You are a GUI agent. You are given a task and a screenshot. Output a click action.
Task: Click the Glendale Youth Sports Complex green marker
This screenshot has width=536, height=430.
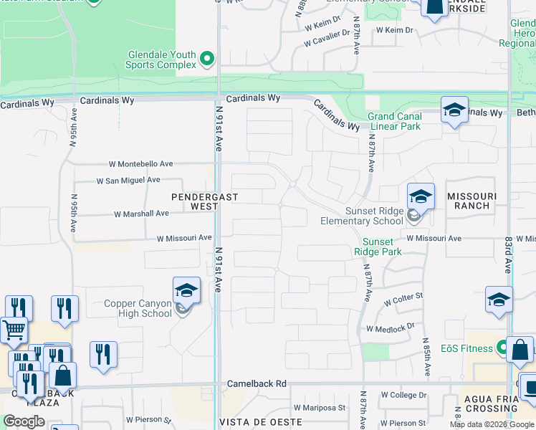pos(208,58)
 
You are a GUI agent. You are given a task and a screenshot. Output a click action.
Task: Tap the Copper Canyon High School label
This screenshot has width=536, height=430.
pos(138,309)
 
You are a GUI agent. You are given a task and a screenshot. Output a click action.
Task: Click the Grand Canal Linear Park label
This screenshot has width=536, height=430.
pos(394,121)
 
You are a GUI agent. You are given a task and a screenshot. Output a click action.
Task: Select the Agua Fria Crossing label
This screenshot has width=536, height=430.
pos(491,403)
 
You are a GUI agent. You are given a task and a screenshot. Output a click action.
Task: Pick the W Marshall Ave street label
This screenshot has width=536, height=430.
pos(141,214)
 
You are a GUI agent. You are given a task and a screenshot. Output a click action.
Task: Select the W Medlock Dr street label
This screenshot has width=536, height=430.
pos(391,328)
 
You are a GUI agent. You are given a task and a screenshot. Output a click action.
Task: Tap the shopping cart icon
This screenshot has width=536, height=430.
pos(14,330)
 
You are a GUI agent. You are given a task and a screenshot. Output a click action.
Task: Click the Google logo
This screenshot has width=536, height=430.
pos(24,421)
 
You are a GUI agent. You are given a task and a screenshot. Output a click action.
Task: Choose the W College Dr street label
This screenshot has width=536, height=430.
pos(403,395)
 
